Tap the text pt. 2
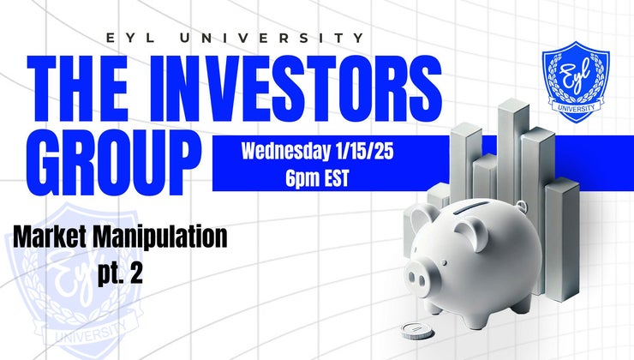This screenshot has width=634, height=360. click(119, 277)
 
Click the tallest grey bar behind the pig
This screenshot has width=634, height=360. click(511, 146)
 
